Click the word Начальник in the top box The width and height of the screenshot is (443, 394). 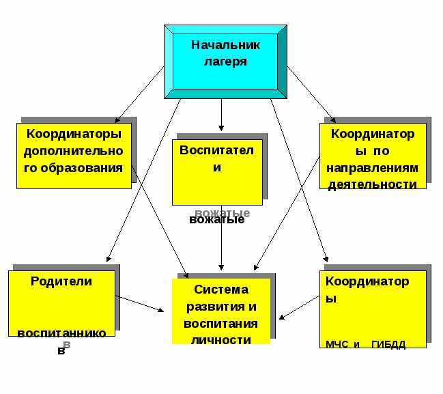pos(225,45)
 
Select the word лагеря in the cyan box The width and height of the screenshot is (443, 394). pos(225,61)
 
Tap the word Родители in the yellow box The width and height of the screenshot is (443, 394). pos(61,281)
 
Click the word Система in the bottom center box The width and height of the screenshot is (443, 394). pos(220,290)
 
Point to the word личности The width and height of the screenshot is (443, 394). pos(220,339)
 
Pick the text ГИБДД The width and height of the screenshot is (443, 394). pos(388,344)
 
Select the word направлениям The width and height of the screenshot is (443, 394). pos(372,168)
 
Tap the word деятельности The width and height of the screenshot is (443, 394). pos(372,184)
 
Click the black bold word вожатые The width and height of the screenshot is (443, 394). pos(216,220)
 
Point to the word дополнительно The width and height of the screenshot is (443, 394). pos(73,150)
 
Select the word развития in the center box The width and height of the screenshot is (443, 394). pos(220,306)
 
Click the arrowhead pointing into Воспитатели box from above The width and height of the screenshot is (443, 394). pos(221,127)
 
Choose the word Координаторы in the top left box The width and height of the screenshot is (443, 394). pos(73,133)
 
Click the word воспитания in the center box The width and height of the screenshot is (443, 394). pos(220,323)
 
